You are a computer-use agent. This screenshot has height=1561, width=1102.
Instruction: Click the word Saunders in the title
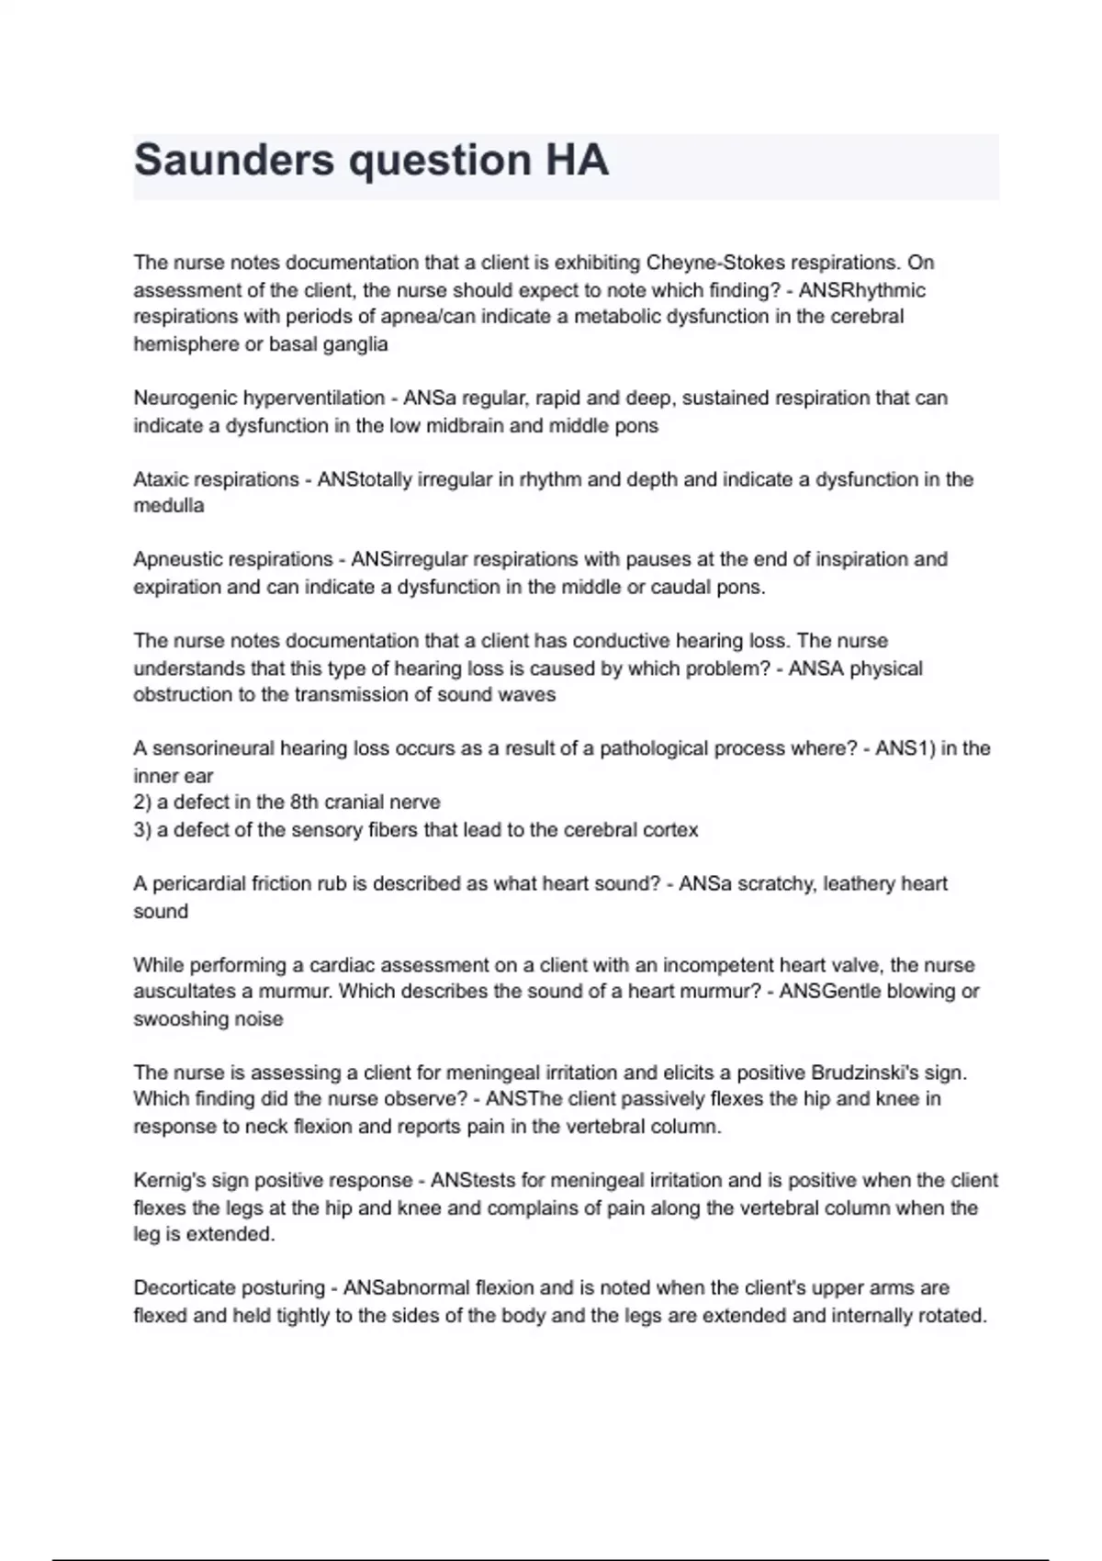coord(233,161)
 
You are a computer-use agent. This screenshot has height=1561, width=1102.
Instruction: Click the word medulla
coord(169,506)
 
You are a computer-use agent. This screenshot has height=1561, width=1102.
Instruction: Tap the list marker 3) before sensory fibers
coord(142,830)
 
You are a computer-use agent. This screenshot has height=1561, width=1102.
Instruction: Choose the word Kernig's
coord(169,1181)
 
